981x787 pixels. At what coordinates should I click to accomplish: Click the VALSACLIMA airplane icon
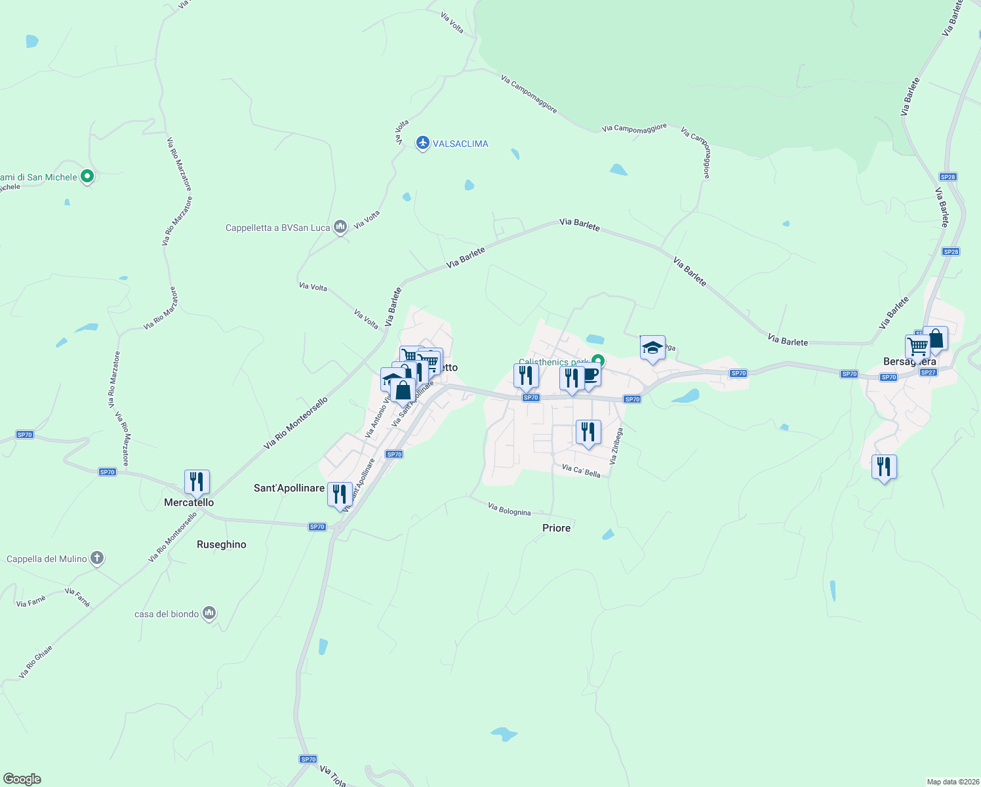423,143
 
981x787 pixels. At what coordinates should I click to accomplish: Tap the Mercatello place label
189,502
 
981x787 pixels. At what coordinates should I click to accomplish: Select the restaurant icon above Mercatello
197,482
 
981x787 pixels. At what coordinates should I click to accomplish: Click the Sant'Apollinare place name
289,488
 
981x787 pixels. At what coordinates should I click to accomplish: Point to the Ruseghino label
222,544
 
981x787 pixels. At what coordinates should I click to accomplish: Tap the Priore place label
557,528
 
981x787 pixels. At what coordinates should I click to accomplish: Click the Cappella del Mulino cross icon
97,559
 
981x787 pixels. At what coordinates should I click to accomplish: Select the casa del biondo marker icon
209,613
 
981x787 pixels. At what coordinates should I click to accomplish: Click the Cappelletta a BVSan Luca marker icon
340,228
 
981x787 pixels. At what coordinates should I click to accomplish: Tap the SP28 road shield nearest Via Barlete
951,252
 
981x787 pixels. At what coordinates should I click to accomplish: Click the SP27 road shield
928,373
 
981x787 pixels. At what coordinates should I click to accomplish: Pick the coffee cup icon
590,376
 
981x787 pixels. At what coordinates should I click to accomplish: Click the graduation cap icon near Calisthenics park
652,348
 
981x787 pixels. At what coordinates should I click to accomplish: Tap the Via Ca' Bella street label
581,470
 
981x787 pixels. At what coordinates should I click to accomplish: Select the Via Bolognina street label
510,509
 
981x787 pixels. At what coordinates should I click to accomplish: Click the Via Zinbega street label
616,447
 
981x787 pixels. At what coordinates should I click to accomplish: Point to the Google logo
22,779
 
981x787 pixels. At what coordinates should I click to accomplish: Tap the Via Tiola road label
333,776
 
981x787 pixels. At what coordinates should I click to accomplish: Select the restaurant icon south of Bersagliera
884,467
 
